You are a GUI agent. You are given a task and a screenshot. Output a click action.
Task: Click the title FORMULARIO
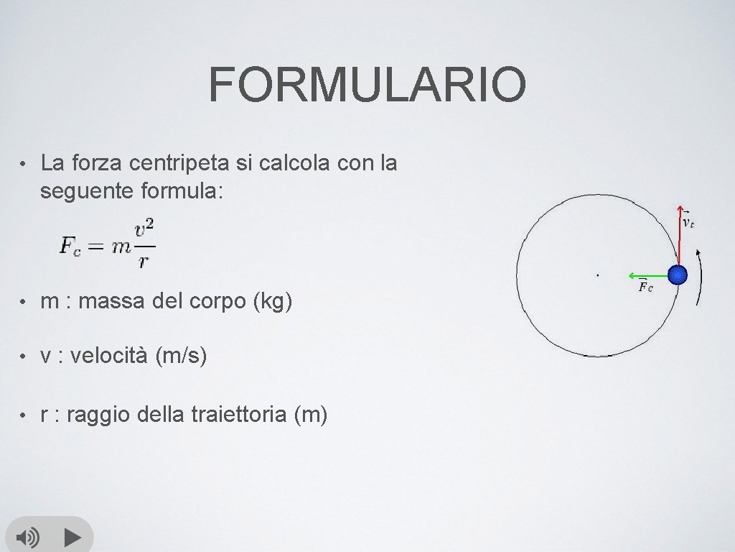367,84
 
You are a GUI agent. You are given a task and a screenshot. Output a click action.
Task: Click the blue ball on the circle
677,275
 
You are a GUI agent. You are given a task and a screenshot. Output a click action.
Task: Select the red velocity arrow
678,234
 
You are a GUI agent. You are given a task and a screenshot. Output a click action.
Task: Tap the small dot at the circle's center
597,275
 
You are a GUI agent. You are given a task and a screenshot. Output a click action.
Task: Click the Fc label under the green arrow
645,287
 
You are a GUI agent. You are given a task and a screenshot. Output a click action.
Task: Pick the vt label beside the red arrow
688,222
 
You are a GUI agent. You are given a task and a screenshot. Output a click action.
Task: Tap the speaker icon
29,537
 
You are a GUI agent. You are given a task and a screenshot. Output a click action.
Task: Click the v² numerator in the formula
145,229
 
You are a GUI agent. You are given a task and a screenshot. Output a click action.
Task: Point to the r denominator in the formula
144,260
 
